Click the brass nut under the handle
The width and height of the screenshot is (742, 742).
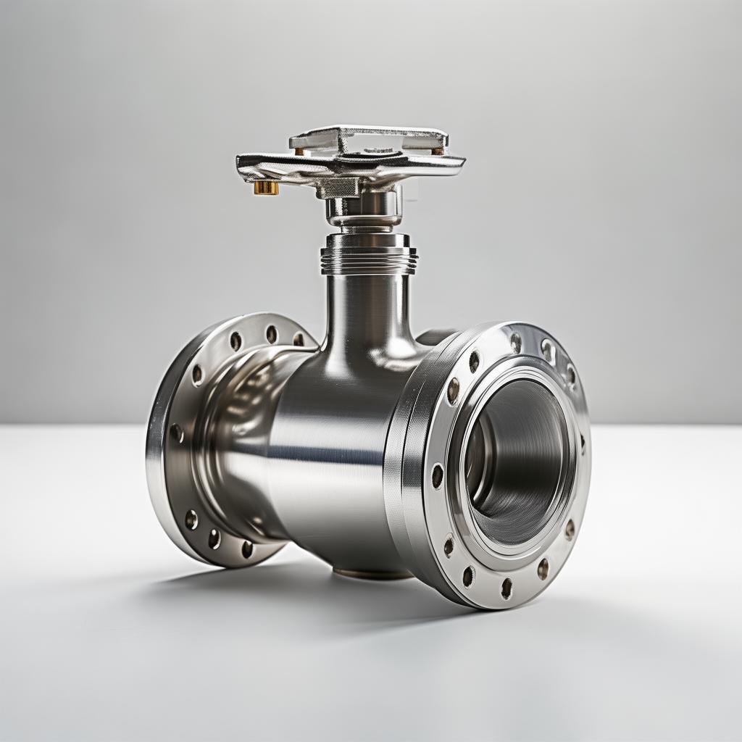coord(266,188)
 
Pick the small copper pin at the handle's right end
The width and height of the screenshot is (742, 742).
coord(438,151)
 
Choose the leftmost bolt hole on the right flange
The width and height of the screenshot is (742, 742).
coord(437,475)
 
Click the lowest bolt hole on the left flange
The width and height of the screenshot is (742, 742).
coord(247,549)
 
